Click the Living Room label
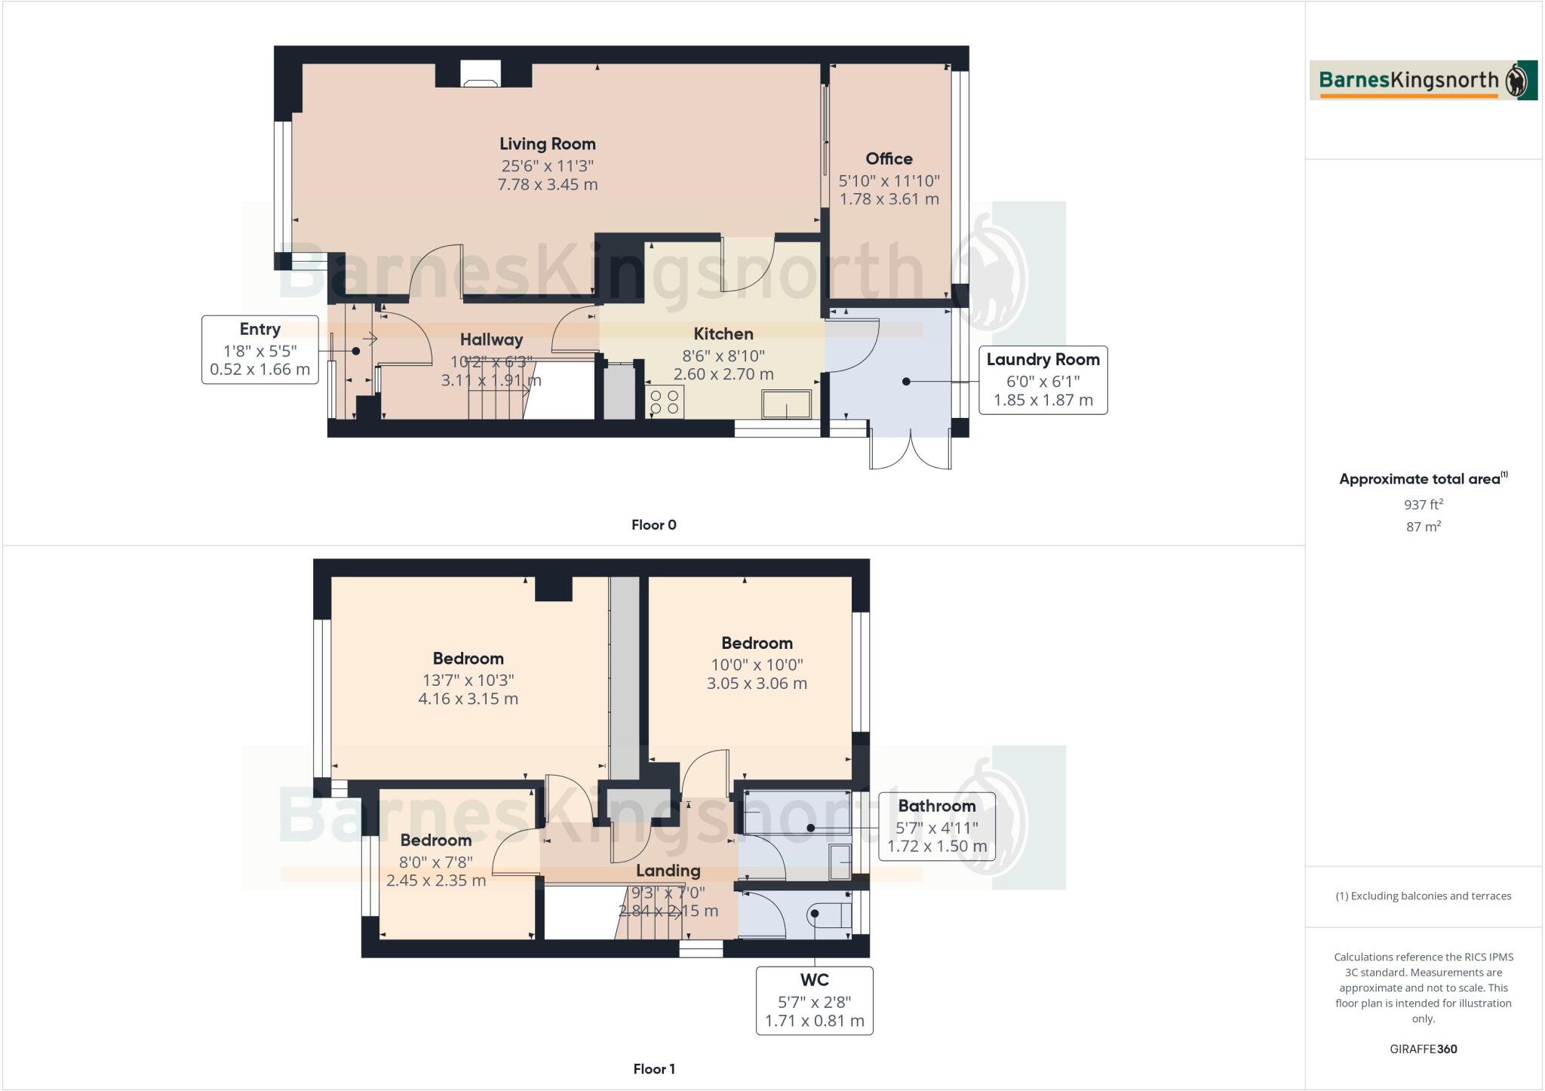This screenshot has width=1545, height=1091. pos(547,144)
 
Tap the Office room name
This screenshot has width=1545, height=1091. pos(889,158)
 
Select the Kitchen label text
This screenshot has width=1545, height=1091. pos(723,333)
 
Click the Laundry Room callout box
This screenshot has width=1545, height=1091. pos(1043,380)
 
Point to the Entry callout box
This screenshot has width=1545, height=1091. pos(260,349)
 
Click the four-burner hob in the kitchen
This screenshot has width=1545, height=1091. pos(665,401)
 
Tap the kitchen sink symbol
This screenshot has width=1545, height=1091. pos(786,404)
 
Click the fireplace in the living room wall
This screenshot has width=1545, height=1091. pos(480,75)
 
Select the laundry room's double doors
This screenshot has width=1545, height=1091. pos(910,451)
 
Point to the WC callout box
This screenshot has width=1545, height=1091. pos(814,1000)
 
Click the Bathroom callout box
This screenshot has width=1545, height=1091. pos(936,825)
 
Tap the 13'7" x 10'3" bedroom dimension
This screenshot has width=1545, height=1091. pos(468,679)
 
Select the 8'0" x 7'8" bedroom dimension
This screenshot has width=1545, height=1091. pos(435,861)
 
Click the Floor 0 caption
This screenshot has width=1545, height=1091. pos(653,525)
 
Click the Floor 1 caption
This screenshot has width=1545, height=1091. pos(653,1068)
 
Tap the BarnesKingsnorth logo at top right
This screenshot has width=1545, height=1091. pos(1423,81)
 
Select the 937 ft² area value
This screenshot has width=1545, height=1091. pos(1423,505)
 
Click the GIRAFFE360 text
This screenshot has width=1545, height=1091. pos(1423,1049)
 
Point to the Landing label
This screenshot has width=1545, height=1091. pos(667,871)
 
